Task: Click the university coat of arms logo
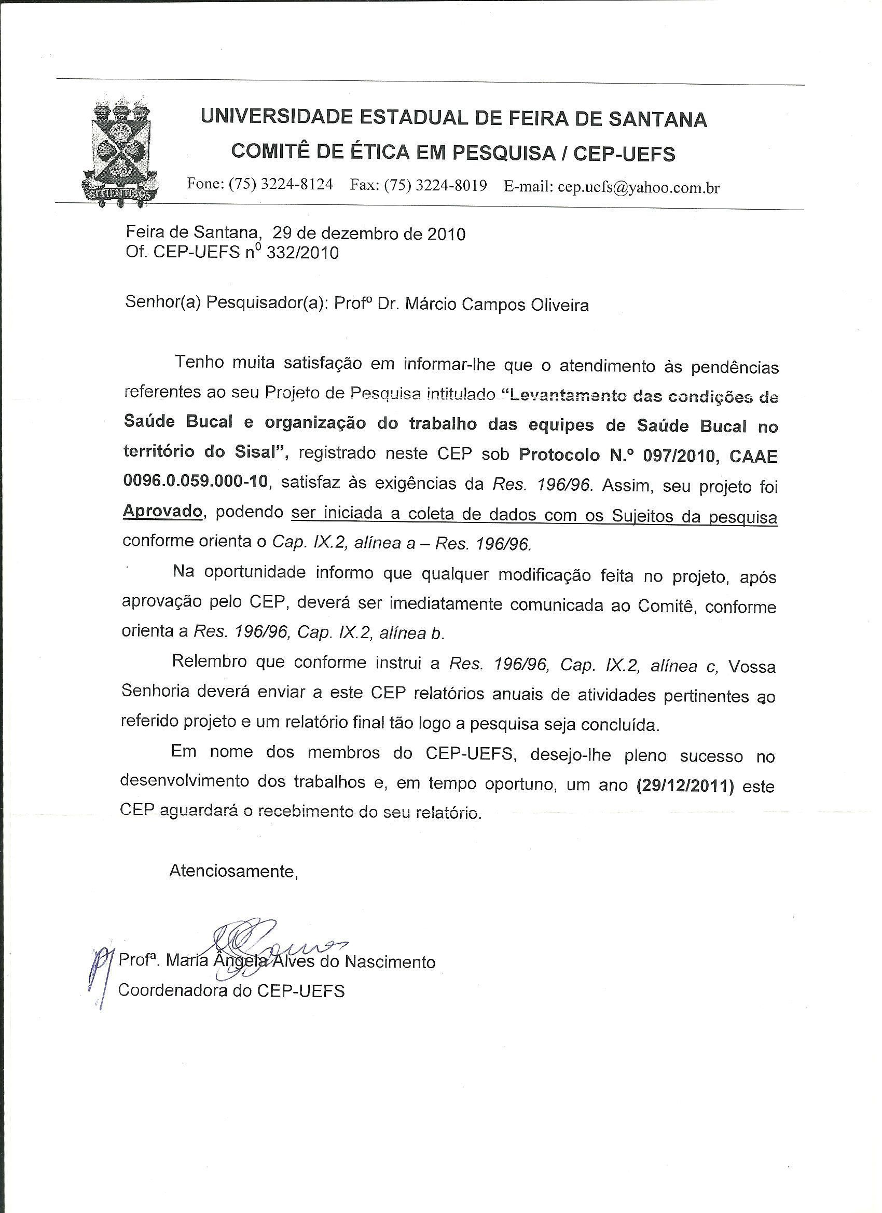[120, 153]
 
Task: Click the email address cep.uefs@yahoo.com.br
[638, 187]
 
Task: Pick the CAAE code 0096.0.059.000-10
[195, 482]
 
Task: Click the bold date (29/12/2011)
[686, 787]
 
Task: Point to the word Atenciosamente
[233, 871]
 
